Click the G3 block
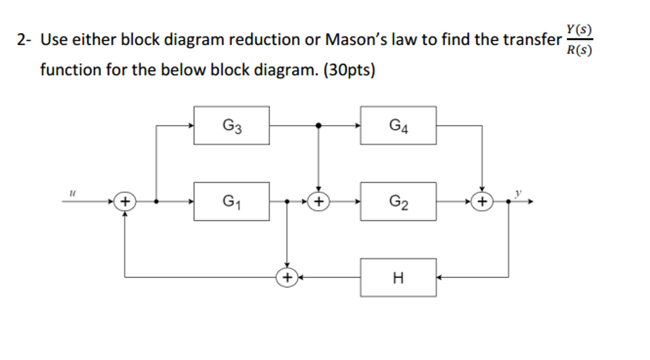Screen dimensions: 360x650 (x=232, y=125)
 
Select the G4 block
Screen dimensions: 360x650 (x=398, y=125)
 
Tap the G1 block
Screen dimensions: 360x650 (x=232, y=202)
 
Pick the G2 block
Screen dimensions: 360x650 (x=398, y=202)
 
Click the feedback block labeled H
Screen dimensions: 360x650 (x=398, y=277)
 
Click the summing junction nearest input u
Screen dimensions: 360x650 (x=125, y=202)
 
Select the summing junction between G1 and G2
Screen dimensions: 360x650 (x=318, y=202)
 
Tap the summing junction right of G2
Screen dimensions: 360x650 (x=482, y=202)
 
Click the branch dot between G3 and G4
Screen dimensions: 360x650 (x=318, y=126)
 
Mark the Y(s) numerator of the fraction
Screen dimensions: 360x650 (x=580, y=29)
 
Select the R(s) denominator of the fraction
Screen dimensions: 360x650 (x=580, y=50)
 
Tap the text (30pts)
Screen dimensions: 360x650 (x=349, y=69)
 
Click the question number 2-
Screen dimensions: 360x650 (x=25, y=40)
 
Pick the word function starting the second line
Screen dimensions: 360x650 (x=69, y=69)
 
